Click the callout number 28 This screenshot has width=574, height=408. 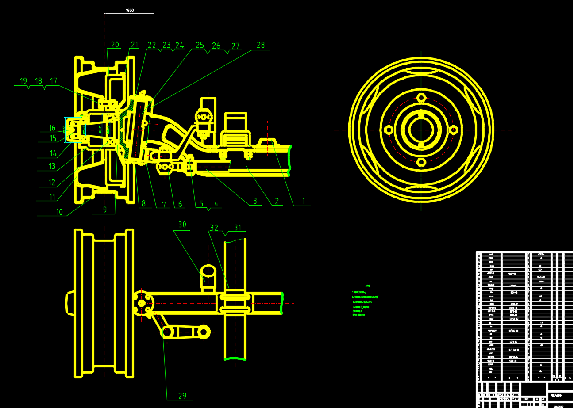261,45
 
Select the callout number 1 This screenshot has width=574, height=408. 304,201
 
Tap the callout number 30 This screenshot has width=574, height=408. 182,225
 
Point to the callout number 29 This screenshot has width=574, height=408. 182,396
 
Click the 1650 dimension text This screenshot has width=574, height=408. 130,10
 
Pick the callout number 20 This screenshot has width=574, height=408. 115,45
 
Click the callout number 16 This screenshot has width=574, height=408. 52,128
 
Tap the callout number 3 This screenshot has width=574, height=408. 255,201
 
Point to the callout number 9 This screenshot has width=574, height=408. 105,210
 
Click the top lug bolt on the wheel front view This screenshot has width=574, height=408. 421,98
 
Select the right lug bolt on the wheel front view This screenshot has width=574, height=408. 454,130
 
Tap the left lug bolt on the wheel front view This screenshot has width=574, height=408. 388,130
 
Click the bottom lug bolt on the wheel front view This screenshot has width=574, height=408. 421,162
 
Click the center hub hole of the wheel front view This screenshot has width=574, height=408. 421,130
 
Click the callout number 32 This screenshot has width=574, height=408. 214,228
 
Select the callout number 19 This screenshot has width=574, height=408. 23,81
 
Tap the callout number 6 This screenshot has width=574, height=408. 180,204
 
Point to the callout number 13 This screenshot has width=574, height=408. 52,166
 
